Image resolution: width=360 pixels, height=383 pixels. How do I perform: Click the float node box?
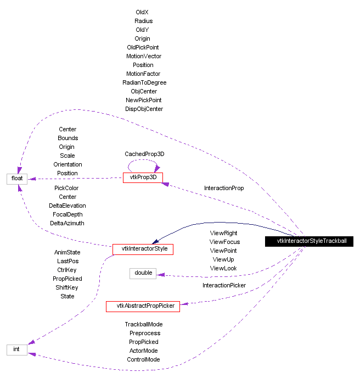17,179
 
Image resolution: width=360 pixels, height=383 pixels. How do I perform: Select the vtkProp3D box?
143,178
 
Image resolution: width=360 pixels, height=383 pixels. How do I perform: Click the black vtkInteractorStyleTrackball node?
311,241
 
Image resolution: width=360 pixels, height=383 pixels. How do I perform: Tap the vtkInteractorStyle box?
143,249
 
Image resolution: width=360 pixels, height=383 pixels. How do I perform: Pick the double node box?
143,273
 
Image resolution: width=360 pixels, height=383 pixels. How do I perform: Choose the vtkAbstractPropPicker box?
143,306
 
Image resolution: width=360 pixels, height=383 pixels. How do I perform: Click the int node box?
16,349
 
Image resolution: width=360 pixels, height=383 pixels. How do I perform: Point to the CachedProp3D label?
144,154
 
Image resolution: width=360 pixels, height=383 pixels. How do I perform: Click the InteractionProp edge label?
224,188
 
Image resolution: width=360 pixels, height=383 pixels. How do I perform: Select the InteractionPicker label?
224,285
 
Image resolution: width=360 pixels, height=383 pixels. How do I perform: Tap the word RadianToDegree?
144,82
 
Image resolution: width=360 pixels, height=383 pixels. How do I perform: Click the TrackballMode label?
144,324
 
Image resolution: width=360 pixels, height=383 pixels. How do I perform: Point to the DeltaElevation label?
67,206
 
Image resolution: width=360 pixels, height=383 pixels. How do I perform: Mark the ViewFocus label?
224,242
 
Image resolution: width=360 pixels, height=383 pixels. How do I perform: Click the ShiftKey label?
67,287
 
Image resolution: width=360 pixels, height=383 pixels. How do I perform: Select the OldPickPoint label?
143,47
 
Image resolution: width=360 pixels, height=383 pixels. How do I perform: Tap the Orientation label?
67,164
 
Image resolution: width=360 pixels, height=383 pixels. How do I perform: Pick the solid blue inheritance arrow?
220,223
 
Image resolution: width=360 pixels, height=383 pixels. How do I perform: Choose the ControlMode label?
144,359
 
